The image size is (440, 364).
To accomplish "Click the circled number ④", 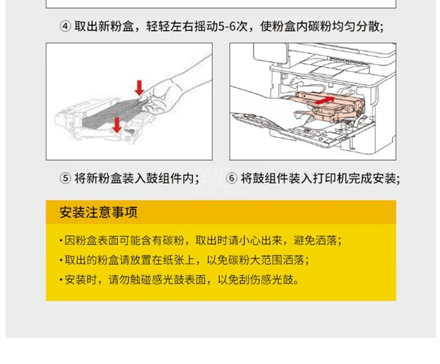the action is click(x=65, y=26).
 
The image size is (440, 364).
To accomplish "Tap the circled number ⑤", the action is click(x=65, y=178).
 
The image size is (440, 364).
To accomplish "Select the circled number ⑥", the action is click(x=232, y=178).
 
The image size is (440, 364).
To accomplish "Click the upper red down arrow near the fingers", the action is click(x=139, y=88).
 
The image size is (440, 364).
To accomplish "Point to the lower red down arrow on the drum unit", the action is click(x=117, y=125).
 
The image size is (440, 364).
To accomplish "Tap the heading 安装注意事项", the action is click(x=98, y=212).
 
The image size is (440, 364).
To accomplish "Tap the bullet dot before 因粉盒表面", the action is click(x=61, y=241).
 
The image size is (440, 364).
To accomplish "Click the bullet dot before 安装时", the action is click(x=61, y=280).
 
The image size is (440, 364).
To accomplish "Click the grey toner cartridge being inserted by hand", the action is click(x=112, y=114).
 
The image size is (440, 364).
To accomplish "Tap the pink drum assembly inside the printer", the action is click(x=328, y=107).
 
